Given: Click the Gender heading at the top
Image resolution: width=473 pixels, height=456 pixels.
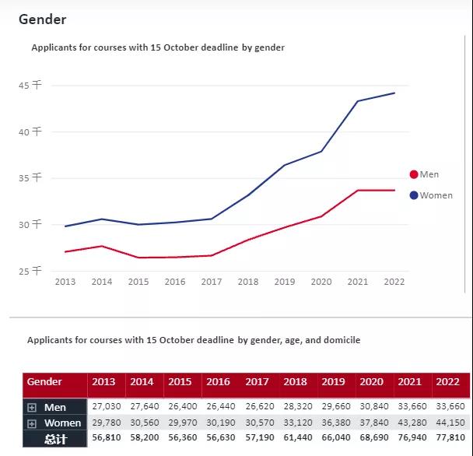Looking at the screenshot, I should [x=43, y=19].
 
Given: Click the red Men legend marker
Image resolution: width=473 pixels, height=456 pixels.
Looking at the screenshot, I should [x=414, y=174].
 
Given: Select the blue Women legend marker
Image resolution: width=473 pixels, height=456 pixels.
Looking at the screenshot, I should [x=414, y=195].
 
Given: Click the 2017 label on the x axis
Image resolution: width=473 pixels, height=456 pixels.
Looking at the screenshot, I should [x=212, y=282].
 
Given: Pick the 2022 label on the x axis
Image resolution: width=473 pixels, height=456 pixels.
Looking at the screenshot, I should [x=394, y=282].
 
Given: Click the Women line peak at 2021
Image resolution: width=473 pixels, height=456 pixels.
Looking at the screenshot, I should [x=358, y=101].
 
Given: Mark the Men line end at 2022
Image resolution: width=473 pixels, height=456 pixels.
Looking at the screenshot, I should [x=394, y=190].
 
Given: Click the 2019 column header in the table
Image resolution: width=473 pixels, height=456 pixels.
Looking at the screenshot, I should [x=333, y=382].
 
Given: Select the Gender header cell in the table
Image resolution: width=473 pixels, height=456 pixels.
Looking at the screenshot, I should [x=44, y=382].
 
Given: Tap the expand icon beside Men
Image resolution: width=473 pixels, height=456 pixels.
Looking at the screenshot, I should [x=32, y=408].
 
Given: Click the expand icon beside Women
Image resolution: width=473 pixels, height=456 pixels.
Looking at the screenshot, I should [x=32, y=423].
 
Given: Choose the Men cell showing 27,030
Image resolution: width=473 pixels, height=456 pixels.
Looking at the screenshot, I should [x=106, y=407].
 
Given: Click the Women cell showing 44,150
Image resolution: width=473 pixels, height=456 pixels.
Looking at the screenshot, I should [x=450, y=423].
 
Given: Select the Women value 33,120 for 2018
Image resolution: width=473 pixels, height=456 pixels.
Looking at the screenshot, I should [x=296, y=423].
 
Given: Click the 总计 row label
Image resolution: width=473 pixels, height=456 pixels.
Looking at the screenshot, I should [x=55, y=440].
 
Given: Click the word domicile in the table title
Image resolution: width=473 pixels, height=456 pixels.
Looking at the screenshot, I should [x=340, y=340].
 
